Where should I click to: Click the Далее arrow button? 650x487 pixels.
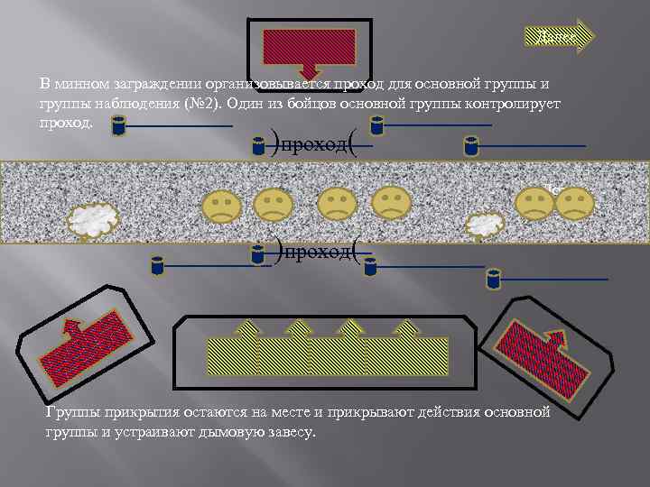pos(558,35)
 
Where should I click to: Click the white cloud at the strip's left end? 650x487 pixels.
pos(95,217)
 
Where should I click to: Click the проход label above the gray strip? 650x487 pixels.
pos(314,144)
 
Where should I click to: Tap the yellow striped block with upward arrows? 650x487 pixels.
pos(327,354)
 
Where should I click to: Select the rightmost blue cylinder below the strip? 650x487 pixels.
pos(493,278)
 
